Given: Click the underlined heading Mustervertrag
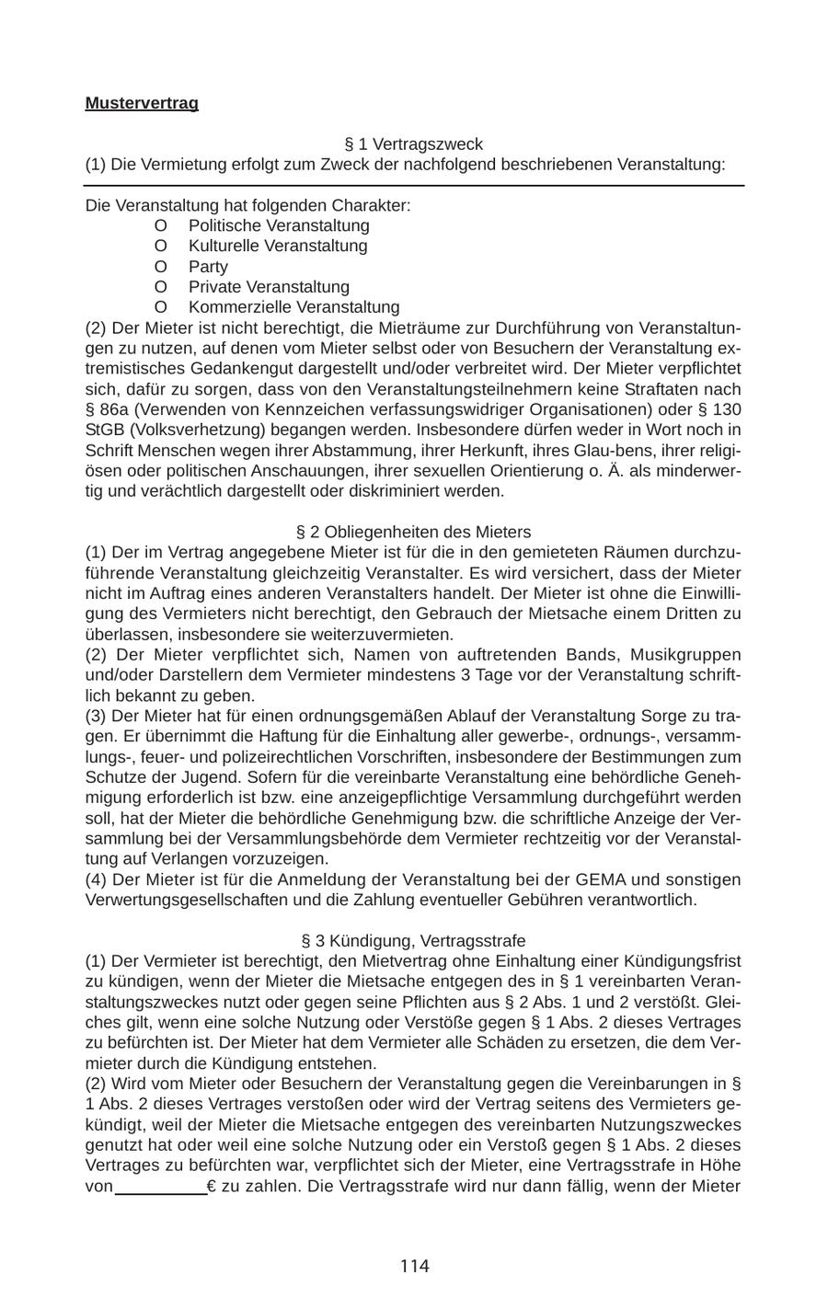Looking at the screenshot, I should [142, 103].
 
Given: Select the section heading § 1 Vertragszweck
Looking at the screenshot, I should [413, 144].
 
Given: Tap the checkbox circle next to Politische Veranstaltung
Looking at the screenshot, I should [161, 225].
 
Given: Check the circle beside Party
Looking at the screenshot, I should [161, 267].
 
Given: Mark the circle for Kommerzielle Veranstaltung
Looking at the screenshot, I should [161, 307].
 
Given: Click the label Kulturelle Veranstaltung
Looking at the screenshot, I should [277, 246].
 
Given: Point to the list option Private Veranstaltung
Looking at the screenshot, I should [269, 287].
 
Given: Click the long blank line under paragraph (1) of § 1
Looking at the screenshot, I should [413, 186].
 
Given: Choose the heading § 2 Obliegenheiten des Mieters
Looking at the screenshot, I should [413, 532].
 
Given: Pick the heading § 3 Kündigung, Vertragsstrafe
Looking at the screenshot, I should [413, 941].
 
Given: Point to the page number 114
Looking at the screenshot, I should [414, 1267].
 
